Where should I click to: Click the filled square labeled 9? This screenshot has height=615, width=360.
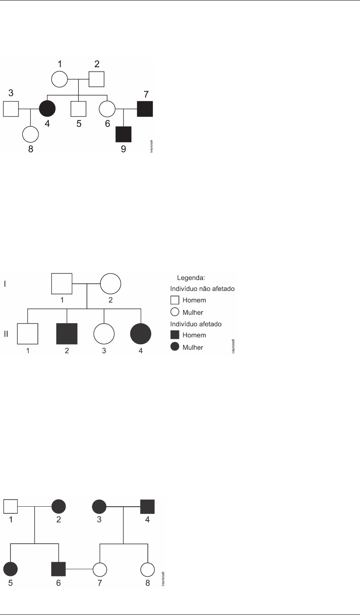tap(124, 133)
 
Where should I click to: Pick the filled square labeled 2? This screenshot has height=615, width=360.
tap(67, 334)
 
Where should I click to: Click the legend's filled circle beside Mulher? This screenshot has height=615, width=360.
tap(175, 347)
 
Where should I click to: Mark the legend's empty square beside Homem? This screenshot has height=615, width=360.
tap(175, 301)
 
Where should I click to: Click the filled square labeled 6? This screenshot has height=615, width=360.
tap(58, 569)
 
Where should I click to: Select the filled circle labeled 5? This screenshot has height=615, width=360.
tap(11, 569)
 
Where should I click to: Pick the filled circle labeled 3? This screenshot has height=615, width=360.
tap(100, 507)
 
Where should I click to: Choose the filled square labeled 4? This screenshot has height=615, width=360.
tap(147, 507)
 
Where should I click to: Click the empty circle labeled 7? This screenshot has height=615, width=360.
tap(100, 569)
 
